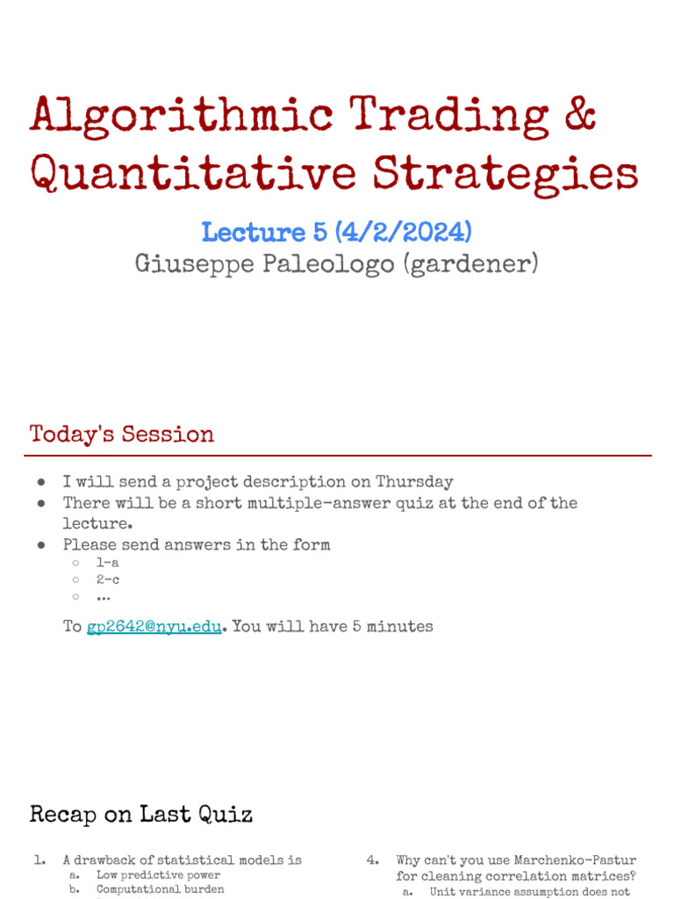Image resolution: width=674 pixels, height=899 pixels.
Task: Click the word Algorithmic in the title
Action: (x=182, y=115)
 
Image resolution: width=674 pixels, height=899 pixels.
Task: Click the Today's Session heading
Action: (x=122, y=435)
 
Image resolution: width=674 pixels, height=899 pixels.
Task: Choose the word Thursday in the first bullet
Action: (x=414, y=482)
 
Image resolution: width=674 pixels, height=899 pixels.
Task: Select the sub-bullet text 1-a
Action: (x=107, y=563)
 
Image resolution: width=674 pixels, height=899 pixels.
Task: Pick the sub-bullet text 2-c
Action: (x=107, y=579)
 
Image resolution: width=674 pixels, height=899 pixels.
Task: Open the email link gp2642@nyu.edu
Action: (x=154, y=627)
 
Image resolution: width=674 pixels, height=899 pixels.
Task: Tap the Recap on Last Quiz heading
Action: (x=141, y=814)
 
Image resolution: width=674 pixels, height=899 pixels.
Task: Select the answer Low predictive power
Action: (x=158, y=875)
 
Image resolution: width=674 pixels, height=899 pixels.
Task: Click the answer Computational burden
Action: (x=160, y=889)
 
